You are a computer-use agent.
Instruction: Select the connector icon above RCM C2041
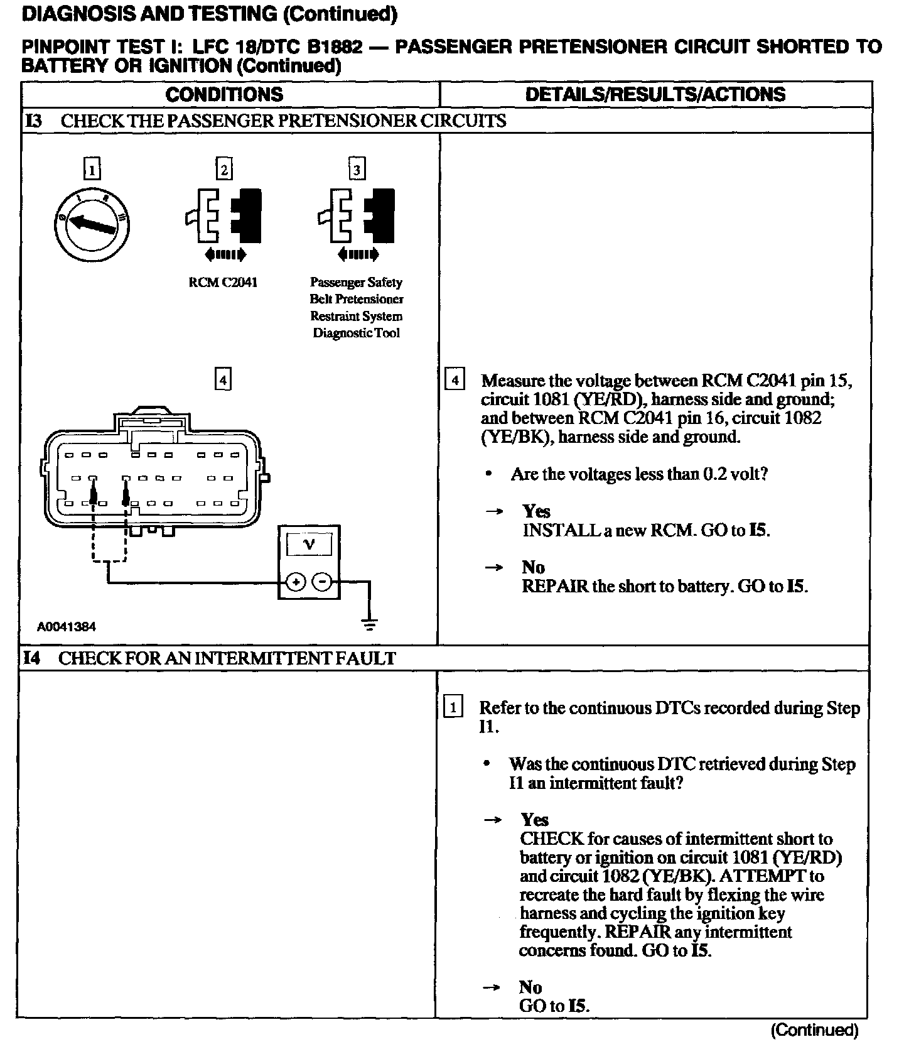click(223, 215)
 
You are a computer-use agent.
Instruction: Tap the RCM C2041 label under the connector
click(223, 283)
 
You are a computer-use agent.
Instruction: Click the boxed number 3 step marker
click(357, 170)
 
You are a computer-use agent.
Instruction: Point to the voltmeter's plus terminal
click(296, 582)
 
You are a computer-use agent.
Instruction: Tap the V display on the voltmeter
click(309, 544)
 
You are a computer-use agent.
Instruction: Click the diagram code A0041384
click(67, 626)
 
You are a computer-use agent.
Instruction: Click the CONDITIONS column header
click(224, 95)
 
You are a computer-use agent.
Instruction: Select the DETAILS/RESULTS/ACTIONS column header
click(655, 95)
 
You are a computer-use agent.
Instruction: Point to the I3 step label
click(33, 121)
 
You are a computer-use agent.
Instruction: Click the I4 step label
click(32, 658)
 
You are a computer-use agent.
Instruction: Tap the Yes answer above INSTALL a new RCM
click(537, 511)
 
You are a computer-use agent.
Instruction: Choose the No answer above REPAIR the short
click(534, 567)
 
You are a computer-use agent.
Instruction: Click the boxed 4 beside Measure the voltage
click(455, 381)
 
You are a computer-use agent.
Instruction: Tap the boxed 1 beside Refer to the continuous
click(453, 707)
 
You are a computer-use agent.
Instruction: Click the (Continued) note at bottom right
click(814, 1030)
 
